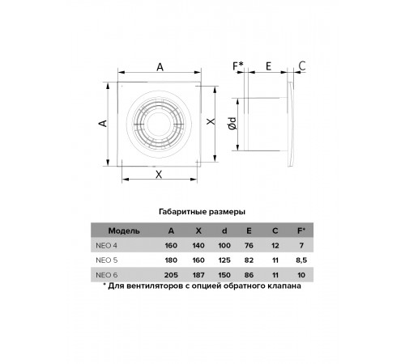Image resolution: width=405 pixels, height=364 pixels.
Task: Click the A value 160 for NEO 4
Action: click(171, 246)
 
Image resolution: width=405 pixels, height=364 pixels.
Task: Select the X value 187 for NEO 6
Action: click(198, 275)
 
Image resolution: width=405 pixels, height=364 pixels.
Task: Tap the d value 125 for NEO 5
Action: click(224, 260)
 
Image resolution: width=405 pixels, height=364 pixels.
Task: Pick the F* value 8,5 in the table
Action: click(301, 260)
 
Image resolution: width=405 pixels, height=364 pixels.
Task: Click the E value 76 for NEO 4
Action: click(249, 246)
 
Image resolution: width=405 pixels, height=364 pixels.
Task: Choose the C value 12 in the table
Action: click(275, 246)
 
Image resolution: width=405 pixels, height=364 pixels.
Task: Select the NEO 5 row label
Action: click(107, 260)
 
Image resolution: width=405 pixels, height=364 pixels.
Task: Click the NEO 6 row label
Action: click(107, 275)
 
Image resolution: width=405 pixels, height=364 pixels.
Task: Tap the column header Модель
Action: click(124, 231)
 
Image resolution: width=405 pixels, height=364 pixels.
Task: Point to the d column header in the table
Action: click(224, 231)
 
